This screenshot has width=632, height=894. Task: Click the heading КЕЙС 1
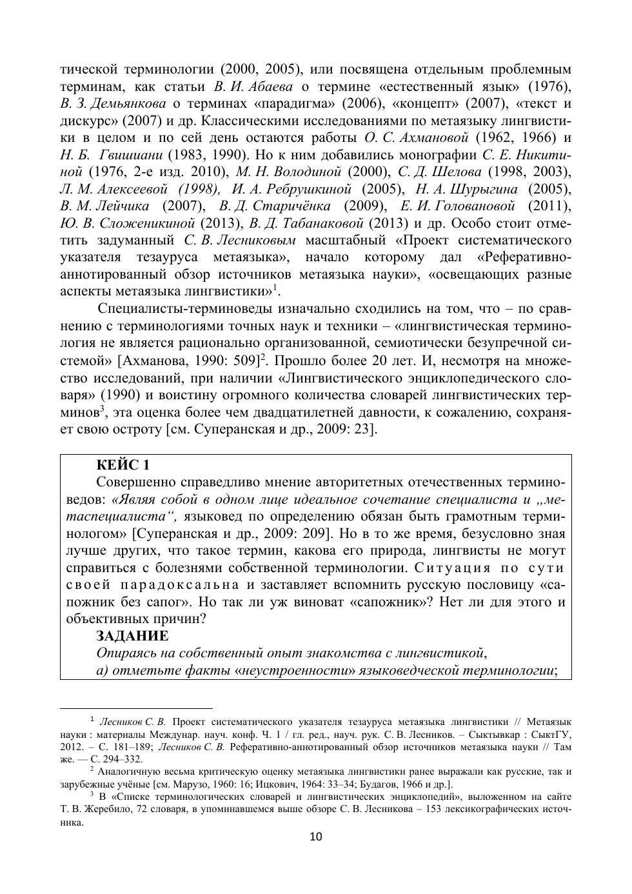click(123, 465)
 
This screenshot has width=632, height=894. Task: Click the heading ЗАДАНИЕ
click(132, 636)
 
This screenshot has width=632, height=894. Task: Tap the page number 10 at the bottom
click(315, 837)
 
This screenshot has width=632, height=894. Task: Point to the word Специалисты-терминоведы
click(183, 308)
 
